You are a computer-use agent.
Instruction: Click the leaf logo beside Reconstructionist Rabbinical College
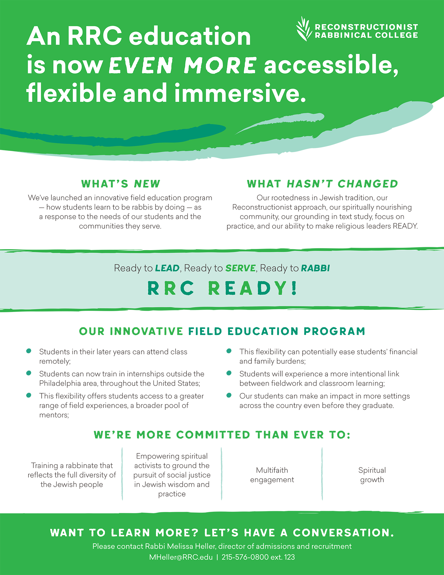(304, 29)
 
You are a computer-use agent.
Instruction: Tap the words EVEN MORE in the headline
(182, 65)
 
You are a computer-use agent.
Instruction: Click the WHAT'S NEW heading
(120, 184)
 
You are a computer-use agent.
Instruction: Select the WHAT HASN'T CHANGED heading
(322, 184)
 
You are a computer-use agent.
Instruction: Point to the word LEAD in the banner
(167, 268)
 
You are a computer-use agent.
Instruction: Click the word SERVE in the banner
(240, 268)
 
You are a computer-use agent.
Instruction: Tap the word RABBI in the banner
(315, 268)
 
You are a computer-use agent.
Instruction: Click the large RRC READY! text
(222, 288)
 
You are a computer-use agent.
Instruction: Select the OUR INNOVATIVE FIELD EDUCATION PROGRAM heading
(222, 331)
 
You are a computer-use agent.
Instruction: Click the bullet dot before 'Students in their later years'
(29, 351)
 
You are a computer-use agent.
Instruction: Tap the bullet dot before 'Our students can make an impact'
(229, 395)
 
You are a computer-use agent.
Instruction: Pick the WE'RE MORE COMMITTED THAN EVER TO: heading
(222, 435)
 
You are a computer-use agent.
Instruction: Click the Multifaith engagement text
(272, 475)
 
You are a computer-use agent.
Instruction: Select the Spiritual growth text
(372, 475)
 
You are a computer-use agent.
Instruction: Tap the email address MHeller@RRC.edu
(181, 557)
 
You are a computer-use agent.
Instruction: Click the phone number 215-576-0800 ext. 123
(258, 557)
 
